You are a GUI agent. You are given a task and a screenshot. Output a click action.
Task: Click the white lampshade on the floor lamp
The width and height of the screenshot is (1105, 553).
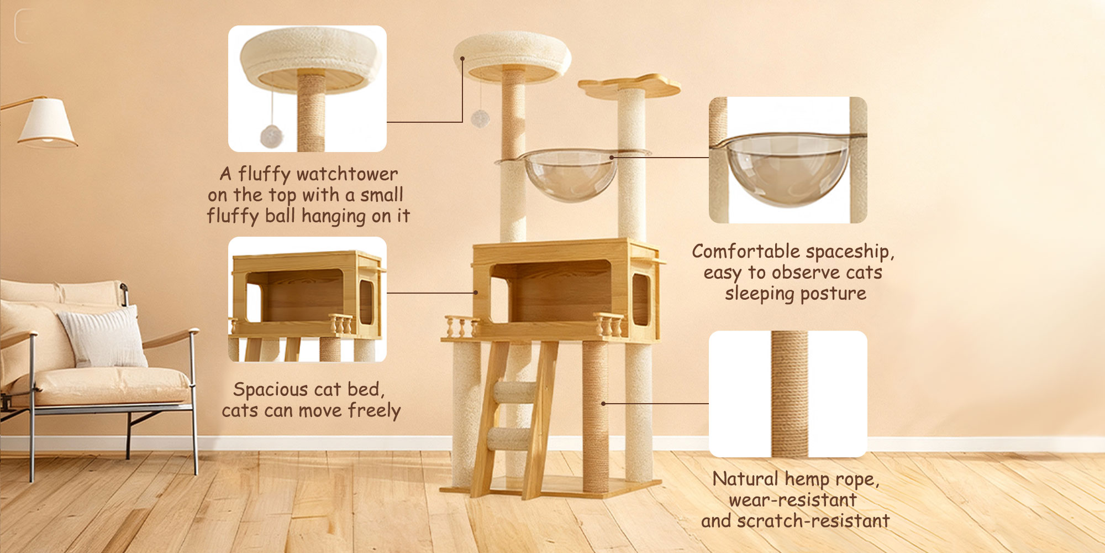tap(46, 123)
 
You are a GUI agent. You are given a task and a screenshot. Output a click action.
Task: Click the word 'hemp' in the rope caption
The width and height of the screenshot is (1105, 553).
tap(807, 479)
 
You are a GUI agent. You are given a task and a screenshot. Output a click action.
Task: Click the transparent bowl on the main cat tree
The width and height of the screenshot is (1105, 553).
tap(569, 176)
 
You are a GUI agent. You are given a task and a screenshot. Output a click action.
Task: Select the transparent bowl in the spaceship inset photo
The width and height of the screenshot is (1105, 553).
tap(787, 169)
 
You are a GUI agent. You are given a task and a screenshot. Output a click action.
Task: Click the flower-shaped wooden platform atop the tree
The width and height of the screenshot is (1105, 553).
tap(630, 86)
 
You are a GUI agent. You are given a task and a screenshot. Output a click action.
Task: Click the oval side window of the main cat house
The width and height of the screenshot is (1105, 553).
tap(640, 299)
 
